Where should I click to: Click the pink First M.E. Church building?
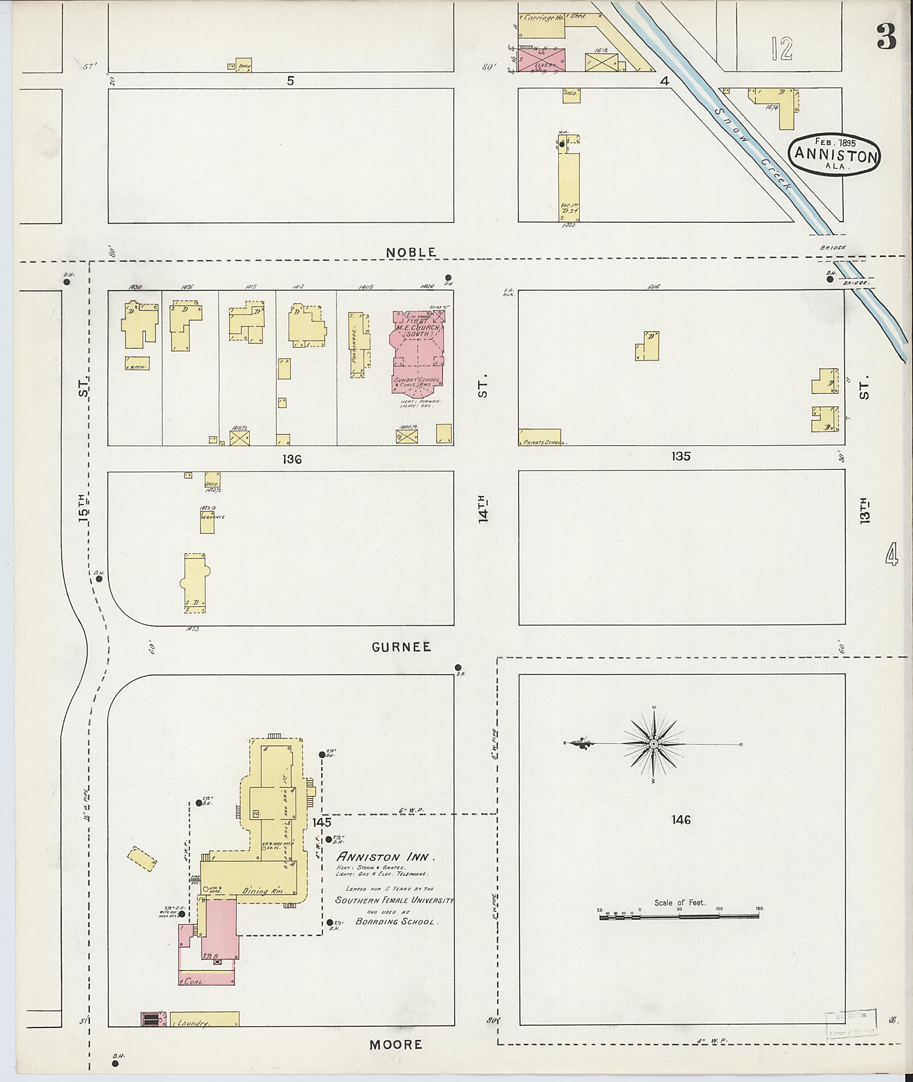pos(417,357)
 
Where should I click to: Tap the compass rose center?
pos(654,744)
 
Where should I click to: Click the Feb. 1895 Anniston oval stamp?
pos(835,154)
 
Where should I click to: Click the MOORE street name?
pos(395,1045)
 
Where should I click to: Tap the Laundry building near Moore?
pos(205,1019)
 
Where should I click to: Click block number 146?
pos(681,820)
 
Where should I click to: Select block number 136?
pos(292,459)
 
